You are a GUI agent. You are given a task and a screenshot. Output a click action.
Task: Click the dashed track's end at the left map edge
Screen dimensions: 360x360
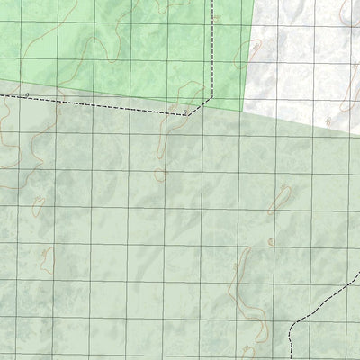(2, 93)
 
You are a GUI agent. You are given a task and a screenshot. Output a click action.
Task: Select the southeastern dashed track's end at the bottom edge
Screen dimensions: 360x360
(289, 358)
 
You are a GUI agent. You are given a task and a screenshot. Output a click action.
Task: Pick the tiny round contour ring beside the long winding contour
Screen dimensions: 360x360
(271, 241)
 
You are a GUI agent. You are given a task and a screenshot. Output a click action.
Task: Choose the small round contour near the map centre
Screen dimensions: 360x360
(160, 174)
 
